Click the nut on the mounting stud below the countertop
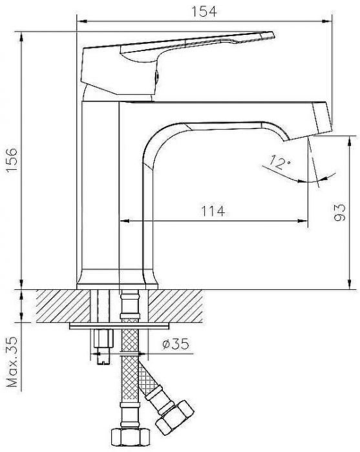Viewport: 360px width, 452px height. coord(101,339)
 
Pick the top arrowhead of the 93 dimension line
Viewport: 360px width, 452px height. coord(350,138)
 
